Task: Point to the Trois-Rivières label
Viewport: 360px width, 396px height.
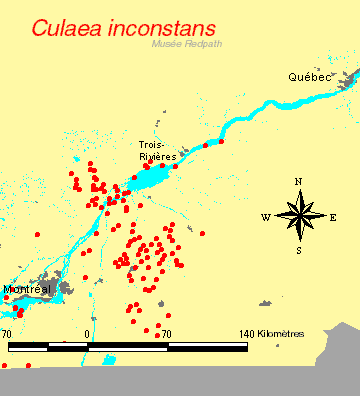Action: [x=158, y=151]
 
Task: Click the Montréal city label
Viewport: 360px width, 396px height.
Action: [x=27, y=289]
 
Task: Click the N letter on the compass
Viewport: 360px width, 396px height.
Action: [x=298, y=182]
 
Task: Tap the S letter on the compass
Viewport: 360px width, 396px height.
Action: [x=298, y=250]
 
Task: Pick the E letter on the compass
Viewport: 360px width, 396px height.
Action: [x=333, y=217]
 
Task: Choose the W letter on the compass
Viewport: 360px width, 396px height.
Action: [x=265, y=217]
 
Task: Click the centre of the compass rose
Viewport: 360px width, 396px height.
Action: [x=298, y=216]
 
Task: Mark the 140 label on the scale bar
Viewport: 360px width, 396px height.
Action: [x=249, y=333]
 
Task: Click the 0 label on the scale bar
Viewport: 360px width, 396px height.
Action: [x=88, y=333]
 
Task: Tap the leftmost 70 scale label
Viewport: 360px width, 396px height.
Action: [x=7, y=333]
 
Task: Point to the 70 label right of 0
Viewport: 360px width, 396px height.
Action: [x=167, y=333]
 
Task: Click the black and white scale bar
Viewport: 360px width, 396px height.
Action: [x=128, y=346]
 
